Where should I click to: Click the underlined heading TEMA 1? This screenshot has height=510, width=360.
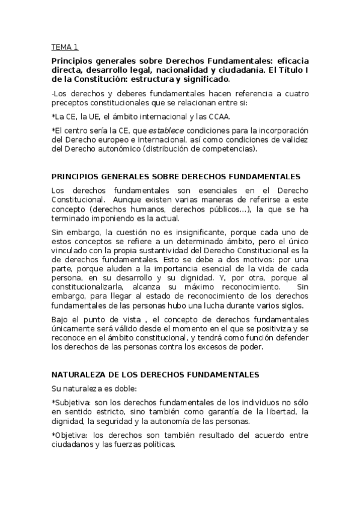click(x=64, y=47)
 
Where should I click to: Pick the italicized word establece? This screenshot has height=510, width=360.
click(x=165, y=131)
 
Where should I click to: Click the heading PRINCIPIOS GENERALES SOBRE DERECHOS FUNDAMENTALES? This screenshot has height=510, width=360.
click(x=175, y=177)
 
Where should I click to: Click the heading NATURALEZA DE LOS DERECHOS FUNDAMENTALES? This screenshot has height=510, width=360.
click(x=155, y=374)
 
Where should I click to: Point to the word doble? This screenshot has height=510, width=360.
click(x=125, y=388)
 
